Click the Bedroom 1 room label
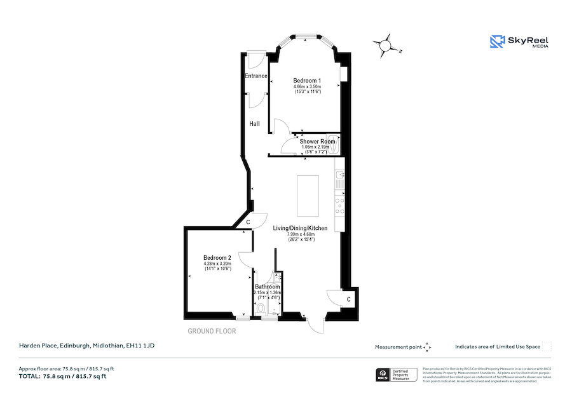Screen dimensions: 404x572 coord(307,81)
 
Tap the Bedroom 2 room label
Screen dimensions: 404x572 coord(217,257)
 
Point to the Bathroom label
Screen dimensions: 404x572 coord(268,286)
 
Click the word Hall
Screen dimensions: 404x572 coord(254,124)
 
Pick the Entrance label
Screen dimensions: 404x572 coord(256,76)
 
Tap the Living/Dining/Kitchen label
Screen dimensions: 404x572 coord(301,228)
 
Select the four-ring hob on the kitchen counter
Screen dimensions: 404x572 coord(339,203)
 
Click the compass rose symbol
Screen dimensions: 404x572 coord(385,46)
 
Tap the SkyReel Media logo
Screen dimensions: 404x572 coord(519,42)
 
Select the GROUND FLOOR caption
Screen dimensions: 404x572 coord(212,331)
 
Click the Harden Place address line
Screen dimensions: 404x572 coord(86,346)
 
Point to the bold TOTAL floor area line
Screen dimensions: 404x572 coord(62,377)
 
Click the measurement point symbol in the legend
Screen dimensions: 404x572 coord(427,347)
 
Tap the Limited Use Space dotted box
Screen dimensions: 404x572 coord(547,346)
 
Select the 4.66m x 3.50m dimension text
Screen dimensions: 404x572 coord(307,86)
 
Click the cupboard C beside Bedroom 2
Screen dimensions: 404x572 coord(248,222)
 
